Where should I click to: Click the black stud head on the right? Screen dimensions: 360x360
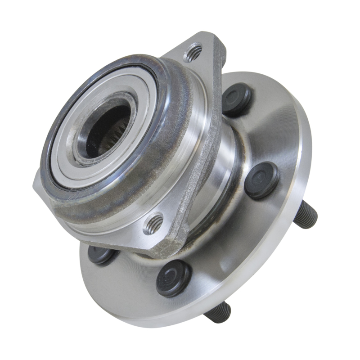pos(261,180)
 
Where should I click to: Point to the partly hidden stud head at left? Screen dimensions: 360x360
pos(100,254)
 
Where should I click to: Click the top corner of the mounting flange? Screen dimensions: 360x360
pos(207,37)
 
